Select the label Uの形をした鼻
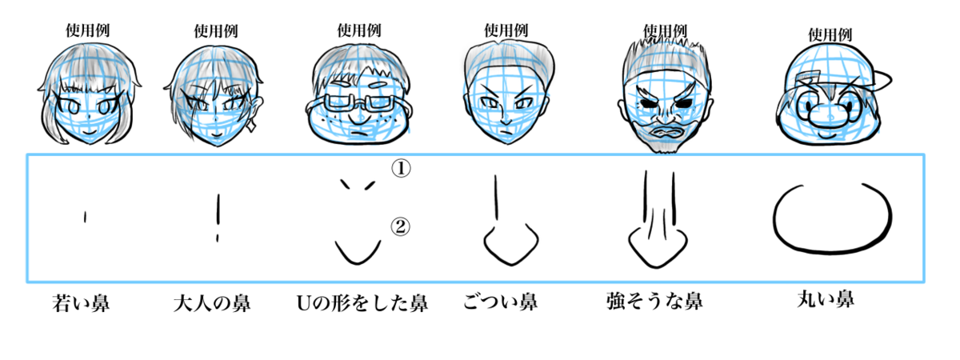coord(362,304)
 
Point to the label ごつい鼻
coord(500,302)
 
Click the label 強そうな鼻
coord(654,302)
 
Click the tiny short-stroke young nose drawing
coord(84,216)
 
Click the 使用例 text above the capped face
coord(829,35)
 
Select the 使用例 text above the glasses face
coord(358,30)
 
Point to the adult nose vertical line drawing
coord(217,218)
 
